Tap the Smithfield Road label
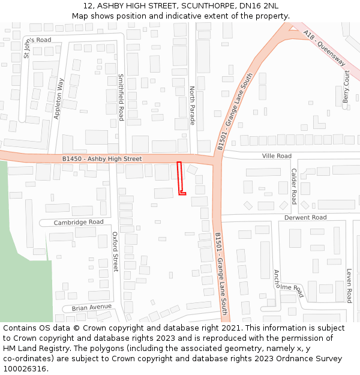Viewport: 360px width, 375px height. pyautogui.click(x=121, y=97)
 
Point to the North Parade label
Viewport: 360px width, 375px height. pyautogui.click(x=193, y=106)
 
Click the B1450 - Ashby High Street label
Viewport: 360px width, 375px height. pyautogui.click(x=102, y=159)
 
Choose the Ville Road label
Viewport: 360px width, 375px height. pyautogui.click(x=277, y=156)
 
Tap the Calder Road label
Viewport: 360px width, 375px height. pyautogui.click(x=294, y=185)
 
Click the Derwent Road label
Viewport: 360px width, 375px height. pyautogui.click(x=305, y=217)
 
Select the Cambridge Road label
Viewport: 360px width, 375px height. pyautogui.click(x=79, y=222)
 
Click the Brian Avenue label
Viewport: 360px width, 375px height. pyautogui.click(x=92, y=307)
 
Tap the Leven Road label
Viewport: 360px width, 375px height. pyautogui.click(x=349, y=285)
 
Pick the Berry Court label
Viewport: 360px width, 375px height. pyautogui.click(x=346, y=86)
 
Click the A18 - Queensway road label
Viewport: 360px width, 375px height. pyautogui.click(x=325, y=48)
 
